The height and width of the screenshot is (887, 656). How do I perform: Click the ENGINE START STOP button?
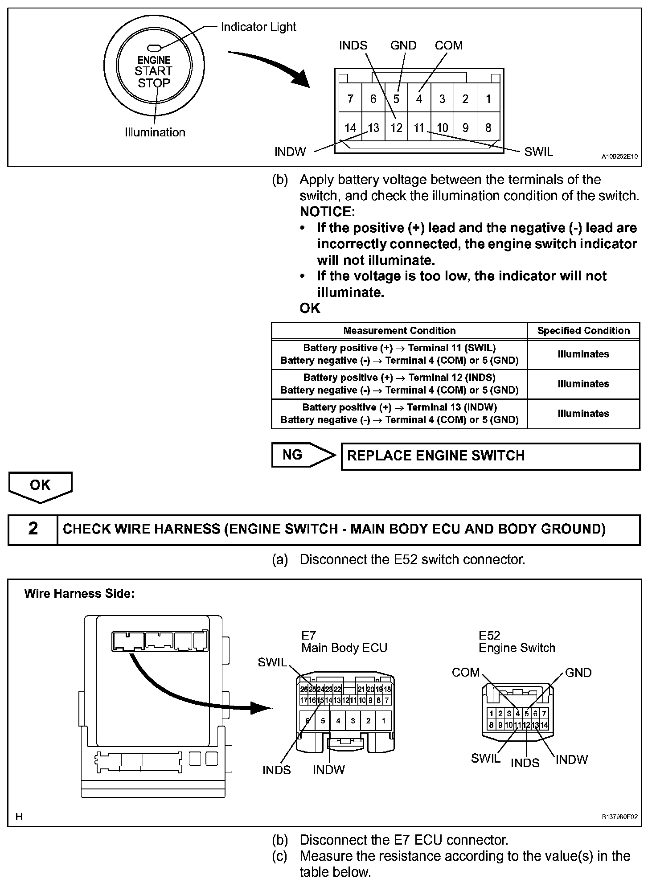[154, 71]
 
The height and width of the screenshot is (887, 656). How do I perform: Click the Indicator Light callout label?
[258, 27]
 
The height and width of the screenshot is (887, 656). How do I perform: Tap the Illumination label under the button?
[155, 132]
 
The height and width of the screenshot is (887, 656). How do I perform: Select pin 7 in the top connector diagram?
[350, 99]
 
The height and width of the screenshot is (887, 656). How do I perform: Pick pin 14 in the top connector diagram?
[350, 128]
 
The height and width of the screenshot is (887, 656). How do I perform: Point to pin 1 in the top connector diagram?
[488, 99]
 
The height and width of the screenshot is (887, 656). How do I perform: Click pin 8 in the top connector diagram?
[488, 128]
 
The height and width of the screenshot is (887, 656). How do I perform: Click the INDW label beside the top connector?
[290, 152]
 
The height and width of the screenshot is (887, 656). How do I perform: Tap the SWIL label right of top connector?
[538, 152]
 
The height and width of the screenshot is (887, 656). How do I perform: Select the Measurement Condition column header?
[399, 331]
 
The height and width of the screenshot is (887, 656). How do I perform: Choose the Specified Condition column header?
[583, 331]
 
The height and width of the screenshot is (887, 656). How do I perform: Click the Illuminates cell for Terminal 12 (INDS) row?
[583, 384]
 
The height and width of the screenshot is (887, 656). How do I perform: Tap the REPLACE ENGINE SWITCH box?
[490, 456]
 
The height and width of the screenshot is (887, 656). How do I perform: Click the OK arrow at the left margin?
[40, 485]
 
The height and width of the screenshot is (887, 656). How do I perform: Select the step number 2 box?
[33, 529]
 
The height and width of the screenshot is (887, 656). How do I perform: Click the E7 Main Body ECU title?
[344, 642]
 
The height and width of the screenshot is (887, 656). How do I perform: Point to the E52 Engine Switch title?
[517, 642]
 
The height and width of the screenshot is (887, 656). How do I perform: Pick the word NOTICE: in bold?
[327, 212]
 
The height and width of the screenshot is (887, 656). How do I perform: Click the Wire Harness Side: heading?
[79, 594]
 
